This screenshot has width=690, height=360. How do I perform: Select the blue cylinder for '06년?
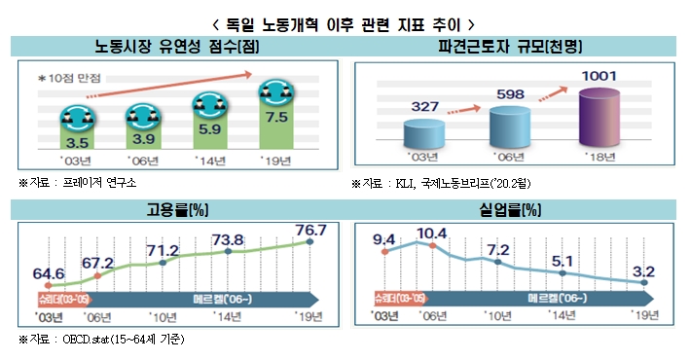point(512,125)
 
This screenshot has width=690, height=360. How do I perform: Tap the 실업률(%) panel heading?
point(518,209)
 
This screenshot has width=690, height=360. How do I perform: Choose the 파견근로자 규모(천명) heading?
point(518,46)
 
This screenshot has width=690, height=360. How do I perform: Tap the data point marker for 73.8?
point(228,252)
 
